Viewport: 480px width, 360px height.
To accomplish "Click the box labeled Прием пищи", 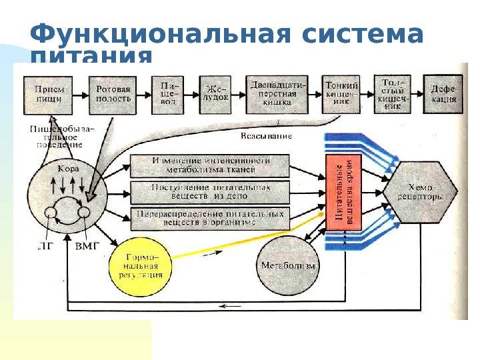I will [49, 93].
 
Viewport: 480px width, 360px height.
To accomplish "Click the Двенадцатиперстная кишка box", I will [279, 93].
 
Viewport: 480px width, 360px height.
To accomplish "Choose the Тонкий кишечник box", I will [341, 93].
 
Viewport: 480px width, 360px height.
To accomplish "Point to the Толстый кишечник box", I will [393, 93].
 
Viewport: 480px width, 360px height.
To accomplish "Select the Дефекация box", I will [443, 93].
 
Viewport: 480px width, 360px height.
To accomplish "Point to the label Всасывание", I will [266, 136].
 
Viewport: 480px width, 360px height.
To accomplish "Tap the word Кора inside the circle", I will [69, 169].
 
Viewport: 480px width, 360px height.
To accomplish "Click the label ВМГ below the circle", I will [87, 246].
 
